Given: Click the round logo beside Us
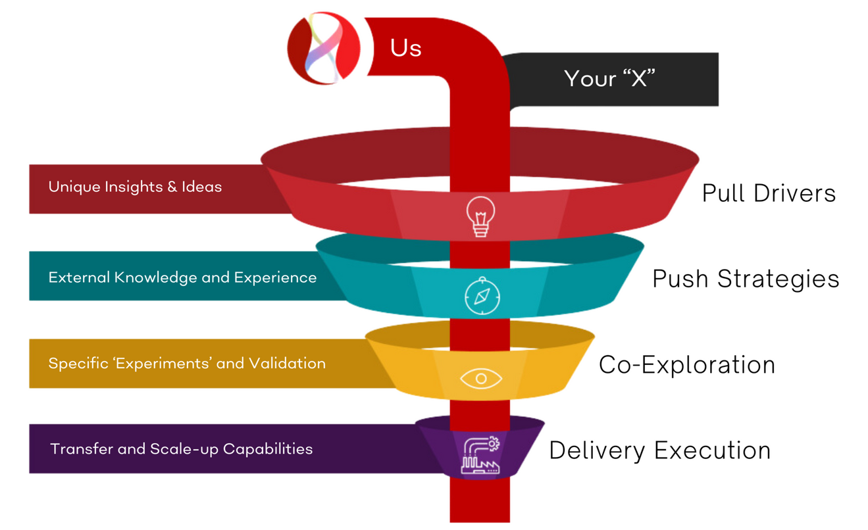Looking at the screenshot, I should click(324, 50).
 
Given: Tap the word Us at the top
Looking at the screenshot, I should click(405, 48).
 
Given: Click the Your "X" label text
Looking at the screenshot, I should click(610, 78).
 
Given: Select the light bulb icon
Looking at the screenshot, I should click(480, 215).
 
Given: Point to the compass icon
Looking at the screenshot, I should click(482, 296).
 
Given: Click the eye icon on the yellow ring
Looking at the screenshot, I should click(481, 378).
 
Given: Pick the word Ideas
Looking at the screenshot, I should click(202, 187).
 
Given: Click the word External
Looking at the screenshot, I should click(79, 277).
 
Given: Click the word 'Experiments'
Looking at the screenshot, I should click(160, 364).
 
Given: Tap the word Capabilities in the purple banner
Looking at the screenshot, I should click(268, 450).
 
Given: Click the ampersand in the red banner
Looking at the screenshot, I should click(172, 187).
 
